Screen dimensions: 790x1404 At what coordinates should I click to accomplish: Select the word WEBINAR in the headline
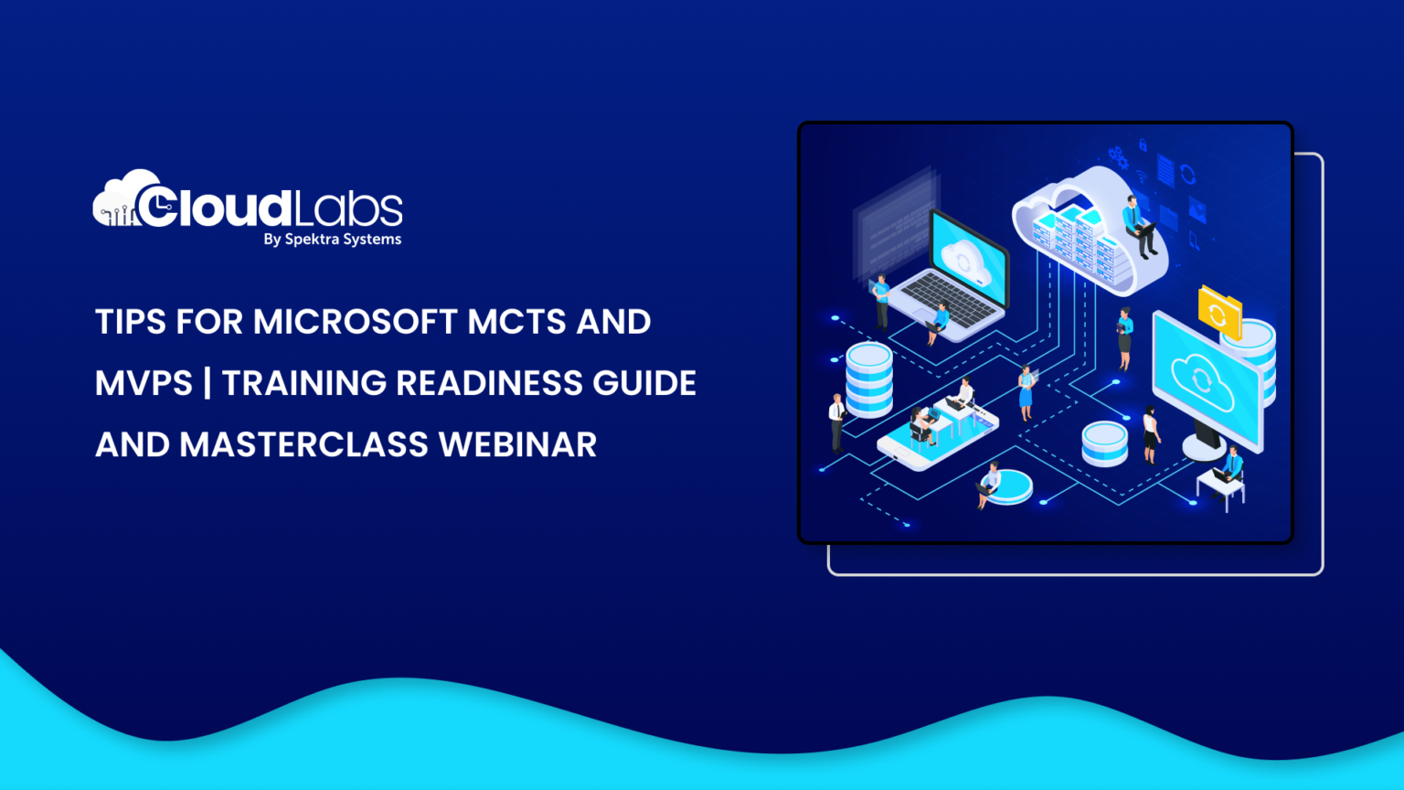[517, 445]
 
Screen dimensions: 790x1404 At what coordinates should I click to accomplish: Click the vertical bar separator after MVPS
[207, 383]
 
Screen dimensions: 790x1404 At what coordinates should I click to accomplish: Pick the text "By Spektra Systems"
[332, 240]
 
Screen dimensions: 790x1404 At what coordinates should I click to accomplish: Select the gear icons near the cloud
[1117, 157]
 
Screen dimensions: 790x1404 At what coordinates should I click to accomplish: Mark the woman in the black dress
[1150, 435]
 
